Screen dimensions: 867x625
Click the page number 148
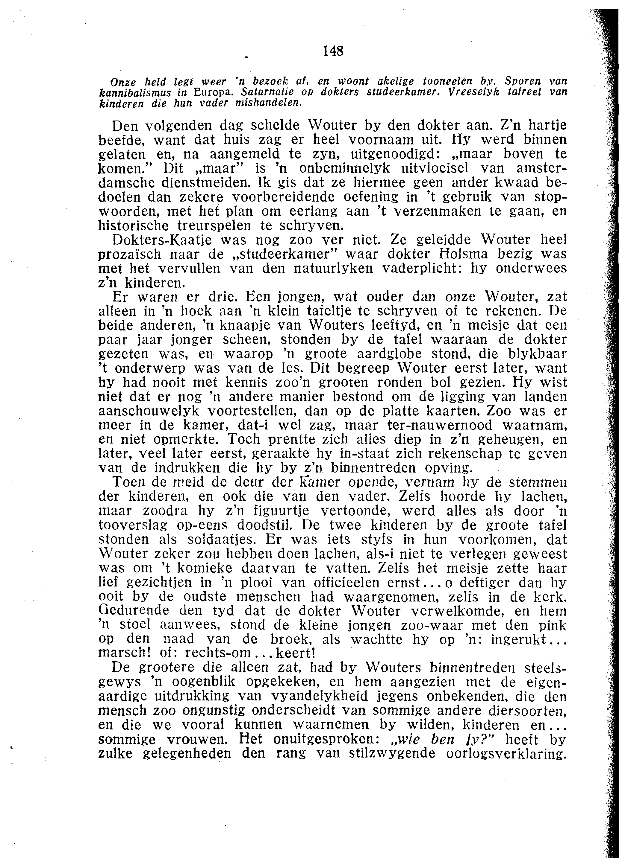[x=333, y=51]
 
